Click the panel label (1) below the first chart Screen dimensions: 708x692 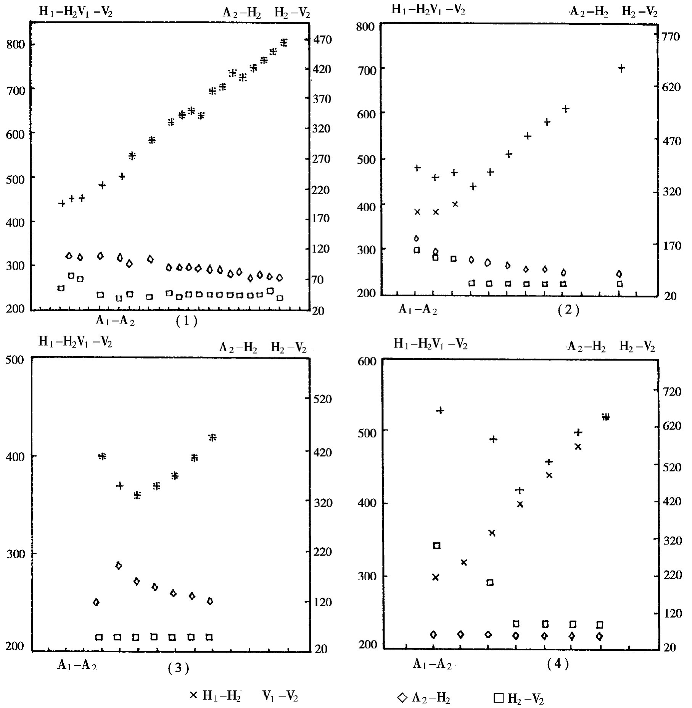[187, 321]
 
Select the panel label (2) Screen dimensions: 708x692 [568, 310]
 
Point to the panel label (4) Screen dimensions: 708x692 [558, 664]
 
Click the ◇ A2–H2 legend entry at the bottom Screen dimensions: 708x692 [424, 698]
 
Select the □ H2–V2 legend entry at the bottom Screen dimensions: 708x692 [519, 698]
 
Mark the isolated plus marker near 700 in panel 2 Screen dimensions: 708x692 [621, 69]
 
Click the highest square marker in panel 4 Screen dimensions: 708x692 [437, 546]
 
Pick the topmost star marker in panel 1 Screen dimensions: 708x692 [283, 42]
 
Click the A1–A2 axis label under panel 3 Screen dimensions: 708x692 [77, 666]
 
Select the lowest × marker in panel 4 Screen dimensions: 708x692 [436, 577]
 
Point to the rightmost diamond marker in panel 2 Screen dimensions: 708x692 [619, 274]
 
